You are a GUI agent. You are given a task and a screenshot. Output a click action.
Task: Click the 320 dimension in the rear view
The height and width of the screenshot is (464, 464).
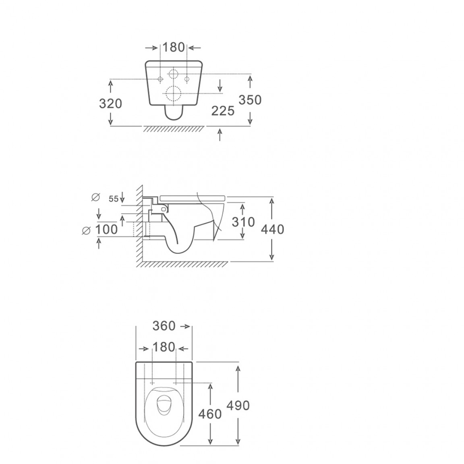[x=110, y=104]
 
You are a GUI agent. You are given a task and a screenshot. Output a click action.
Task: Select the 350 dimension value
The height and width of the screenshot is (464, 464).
[x=250, y=100]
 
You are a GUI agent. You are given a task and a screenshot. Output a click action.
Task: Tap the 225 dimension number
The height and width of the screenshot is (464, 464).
[x=223, y=111]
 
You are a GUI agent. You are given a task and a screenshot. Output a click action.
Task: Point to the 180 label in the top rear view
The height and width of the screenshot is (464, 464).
[x=174, y=48]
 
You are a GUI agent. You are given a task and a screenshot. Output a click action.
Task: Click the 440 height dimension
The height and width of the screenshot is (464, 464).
[x=273, y=229]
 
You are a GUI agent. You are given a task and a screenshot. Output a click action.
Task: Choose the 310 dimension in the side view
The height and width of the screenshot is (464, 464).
[x=243, y=222]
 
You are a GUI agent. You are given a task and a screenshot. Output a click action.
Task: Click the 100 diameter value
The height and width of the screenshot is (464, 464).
[x=106, y=229]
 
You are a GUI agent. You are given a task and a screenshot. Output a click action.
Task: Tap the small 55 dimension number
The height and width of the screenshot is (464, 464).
[x=113, y=199]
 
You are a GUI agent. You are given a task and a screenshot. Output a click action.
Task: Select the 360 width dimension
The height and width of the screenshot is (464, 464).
[x=164, y=326]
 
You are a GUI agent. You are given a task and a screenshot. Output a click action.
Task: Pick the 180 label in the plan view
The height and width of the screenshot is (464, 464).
[x=164, y=347]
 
